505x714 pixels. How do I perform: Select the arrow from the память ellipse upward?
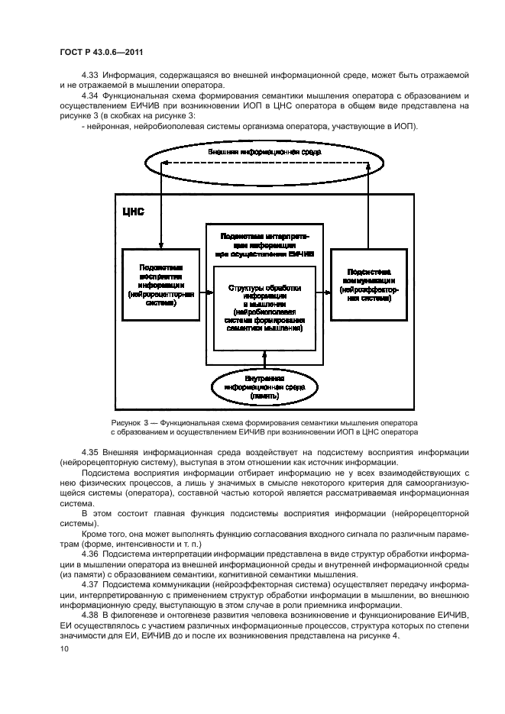pos(264,359)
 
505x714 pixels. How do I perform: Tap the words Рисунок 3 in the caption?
pos(131,422)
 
